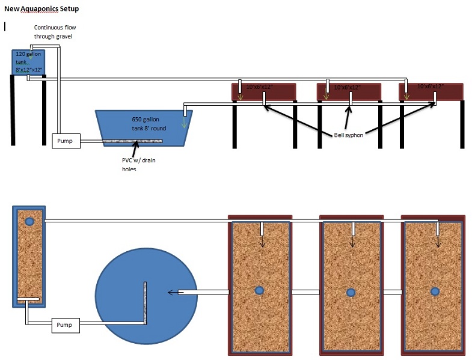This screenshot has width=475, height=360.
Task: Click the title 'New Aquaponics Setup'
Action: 41,9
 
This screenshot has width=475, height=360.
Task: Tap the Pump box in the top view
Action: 65,325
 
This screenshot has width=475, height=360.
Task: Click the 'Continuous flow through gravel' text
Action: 55,32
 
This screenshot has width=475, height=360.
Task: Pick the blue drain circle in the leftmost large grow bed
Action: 259,291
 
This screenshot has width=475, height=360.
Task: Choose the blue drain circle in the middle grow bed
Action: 351,292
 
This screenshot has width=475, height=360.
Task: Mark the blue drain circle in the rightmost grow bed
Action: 435,291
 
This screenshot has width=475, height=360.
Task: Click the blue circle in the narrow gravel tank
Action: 29,221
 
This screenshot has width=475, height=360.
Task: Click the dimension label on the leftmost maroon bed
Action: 259,87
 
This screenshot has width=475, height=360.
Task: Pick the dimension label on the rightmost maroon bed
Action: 431,87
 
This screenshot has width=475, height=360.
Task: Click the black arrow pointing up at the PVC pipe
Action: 134,148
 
